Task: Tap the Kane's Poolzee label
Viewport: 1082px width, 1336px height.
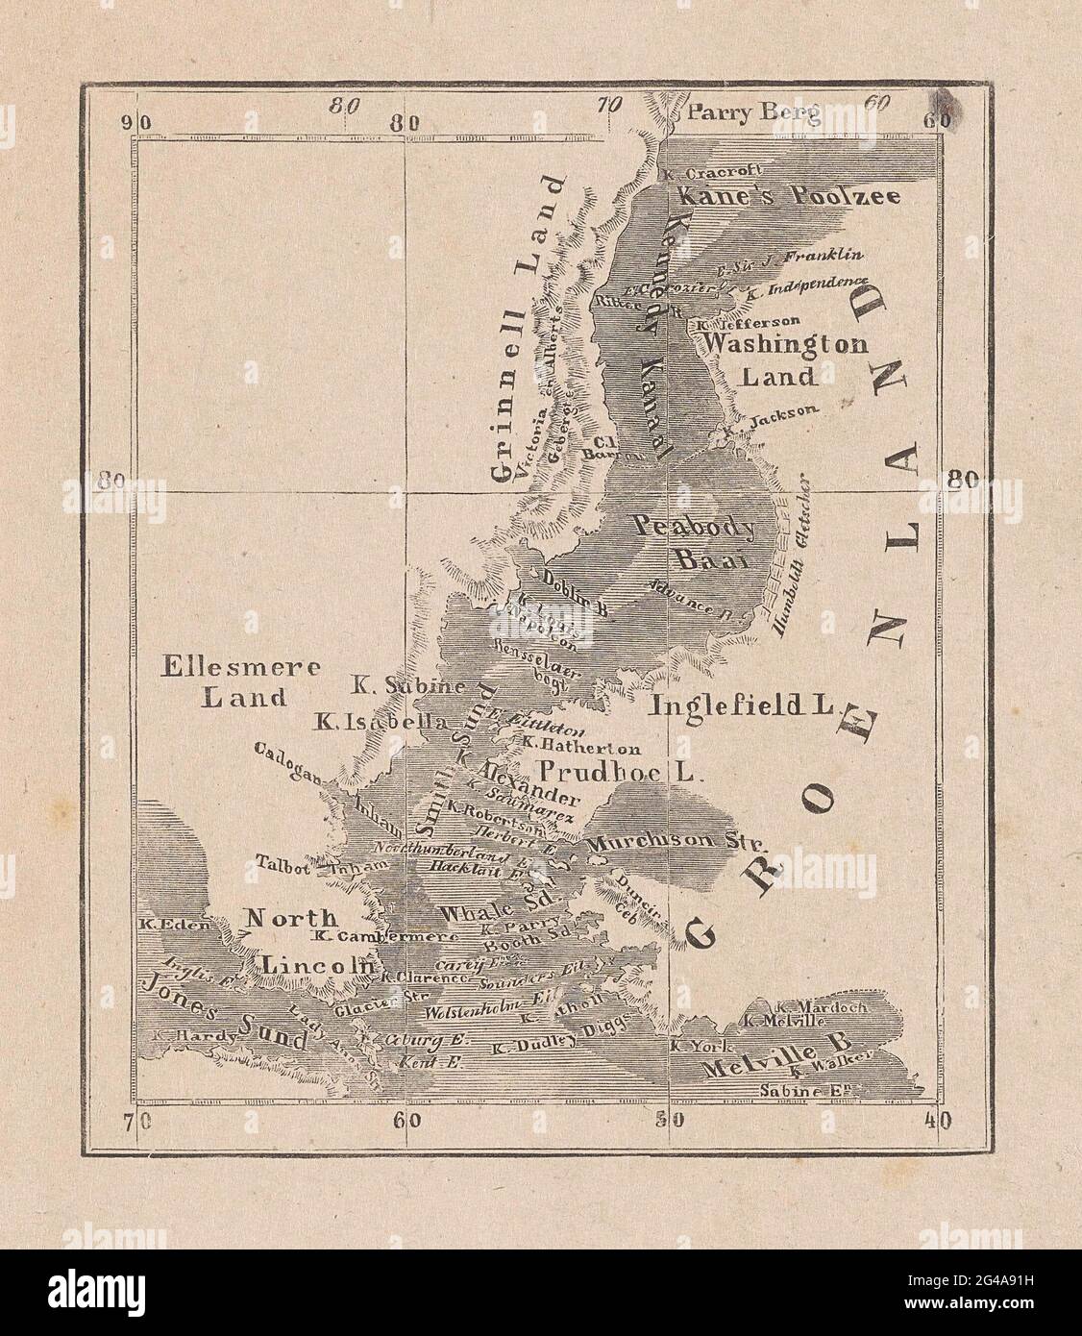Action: pos(788,196)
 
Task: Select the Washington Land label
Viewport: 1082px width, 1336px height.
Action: pos(783,359)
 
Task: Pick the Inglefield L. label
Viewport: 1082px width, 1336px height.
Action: pos(740,705)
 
